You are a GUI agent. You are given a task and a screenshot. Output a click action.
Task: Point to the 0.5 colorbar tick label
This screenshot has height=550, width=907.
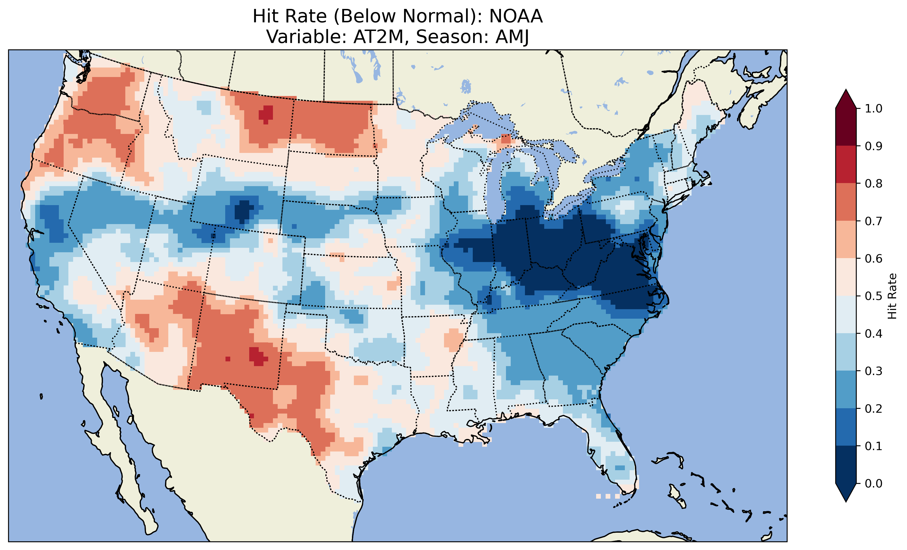point(874,296)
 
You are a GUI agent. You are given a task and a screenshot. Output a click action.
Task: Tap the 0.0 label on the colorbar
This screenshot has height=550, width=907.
point(874,483)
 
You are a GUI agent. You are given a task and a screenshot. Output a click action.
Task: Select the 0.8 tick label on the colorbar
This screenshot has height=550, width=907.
point(874,183)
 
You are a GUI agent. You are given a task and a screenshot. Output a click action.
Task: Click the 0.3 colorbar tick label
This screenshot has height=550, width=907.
point(874,371)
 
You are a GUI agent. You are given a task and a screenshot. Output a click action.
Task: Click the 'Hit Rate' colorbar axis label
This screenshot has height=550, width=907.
point(892,296)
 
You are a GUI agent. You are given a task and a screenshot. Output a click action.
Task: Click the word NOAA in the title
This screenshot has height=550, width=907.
point(516,16)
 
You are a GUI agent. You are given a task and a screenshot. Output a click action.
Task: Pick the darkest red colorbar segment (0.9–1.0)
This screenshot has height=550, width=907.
point(846,127)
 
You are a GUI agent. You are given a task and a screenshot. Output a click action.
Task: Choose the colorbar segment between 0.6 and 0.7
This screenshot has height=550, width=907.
point(846,239)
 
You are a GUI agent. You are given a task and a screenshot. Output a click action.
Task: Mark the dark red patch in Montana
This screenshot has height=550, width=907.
point(266,113)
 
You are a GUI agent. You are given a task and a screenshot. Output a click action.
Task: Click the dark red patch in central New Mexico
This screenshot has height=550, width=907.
point(258,356)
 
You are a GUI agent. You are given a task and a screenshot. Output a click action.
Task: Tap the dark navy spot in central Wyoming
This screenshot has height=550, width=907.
point(243,210)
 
